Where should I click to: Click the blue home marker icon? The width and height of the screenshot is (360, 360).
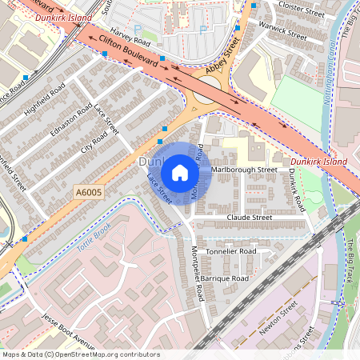(180, 173)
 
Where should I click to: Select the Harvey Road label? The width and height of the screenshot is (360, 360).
(131, 34)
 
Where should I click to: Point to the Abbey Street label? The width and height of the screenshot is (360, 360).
(222, 59)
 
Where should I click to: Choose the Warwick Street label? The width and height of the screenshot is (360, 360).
(282, 31)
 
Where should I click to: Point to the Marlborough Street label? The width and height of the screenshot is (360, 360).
(244, 170)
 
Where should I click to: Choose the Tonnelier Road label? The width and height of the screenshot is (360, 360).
(231, 250)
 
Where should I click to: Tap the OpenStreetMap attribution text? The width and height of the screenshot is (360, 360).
(80, 354)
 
